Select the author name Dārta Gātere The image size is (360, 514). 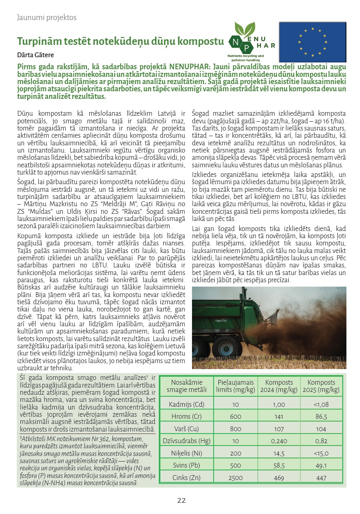point(36,55)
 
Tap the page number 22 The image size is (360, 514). point(182,500)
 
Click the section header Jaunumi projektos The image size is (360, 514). point(47,18)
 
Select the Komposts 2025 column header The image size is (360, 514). point(321,386)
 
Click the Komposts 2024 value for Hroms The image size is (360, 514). point(279,416)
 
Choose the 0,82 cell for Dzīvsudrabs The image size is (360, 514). point(322,441)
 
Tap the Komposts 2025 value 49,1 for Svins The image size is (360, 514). point(322,466)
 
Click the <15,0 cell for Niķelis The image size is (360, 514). point(322,454)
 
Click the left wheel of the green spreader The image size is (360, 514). point(201,346)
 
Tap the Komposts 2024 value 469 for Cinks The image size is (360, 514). point(279,478)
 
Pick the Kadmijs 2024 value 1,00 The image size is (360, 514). point(279,404)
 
